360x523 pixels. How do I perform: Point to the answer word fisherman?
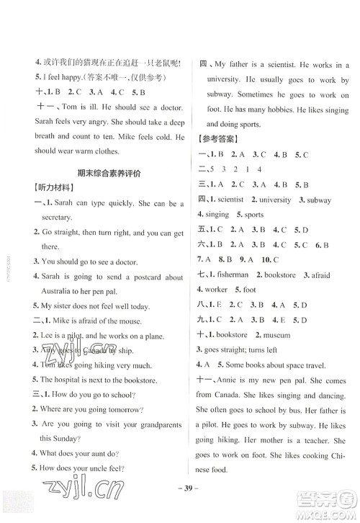click(233, 274)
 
